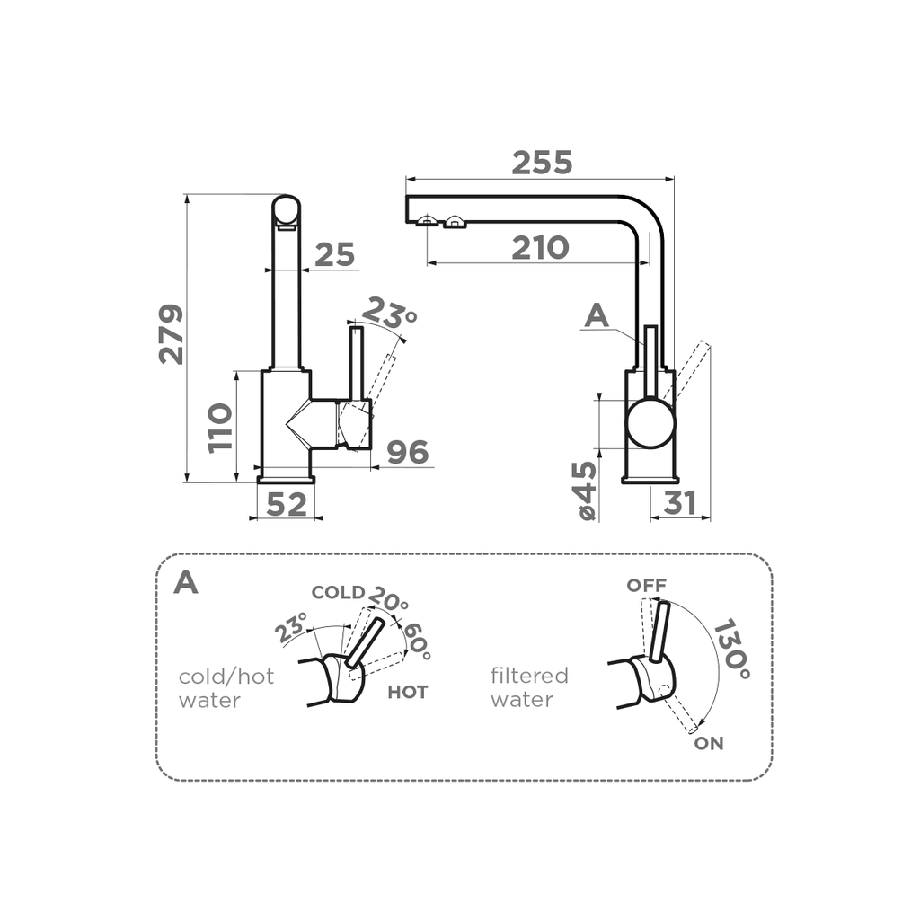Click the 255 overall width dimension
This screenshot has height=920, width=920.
point(542,163)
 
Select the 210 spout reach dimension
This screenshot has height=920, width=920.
point(540,248)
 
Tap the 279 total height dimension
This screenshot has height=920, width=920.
point(171,334)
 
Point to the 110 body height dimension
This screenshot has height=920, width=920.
point(220,428)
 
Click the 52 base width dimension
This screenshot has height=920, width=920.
point(287,505)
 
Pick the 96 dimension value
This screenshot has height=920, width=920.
point(407,454)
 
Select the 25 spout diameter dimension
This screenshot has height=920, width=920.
point(334,256)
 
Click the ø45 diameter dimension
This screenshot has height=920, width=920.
point(585,491)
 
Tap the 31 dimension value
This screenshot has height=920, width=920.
point(680,504)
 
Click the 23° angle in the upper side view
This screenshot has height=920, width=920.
point(389,313)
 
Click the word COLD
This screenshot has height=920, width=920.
point(338,593)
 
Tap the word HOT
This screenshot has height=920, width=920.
point(407,693)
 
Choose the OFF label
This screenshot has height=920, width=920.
point(647,586)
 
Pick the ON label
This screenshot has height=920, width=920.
point(708,744)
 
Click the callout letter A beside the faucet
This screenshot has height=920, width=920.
point(597,316)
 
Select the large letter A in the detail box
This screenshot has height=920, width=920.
point(186,582)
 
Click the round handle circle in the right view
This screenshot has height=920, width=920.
point(650,424)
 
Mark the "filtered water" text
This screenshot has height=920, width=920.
point(529,687)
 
